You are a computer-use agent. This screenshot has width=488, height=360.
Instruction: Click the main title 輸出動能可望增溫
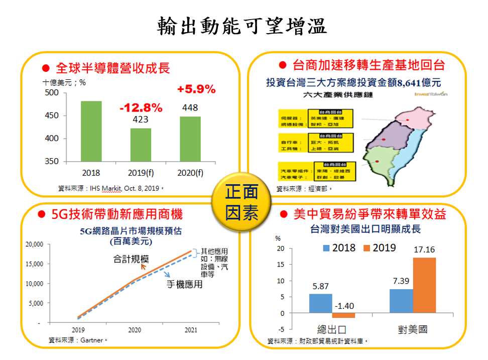tap(242, 25)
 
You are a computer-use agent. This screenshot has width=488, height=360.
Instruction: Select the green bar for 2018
tap(91, 131)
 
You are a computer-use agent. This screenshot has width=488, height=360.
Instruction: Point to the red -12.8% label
tap(141, 108)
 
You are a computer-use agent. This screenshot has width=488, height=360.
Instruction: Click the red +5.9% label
tap(196, 90)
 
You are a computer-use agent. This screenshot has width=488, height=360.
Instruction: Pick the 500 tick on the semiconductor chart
tap(52, 93)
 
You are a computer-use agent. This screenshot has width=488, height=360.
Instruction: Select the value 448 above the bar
tap(190, 107)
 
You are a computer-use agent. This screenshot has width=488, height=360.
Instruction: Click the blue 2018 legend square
tap(326, 248)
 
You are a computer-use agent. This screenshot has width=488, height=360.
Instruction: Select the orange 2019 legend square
tap(367, 248)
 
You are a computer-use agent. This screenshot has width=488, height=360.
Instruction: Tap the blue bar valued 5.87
tap(320, 303)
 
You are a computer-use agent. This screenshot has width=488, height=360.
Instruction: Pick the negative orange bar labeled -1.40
tap(343, 315)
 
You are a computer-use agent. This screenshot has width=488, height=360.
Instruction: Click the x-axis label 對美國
tap(412, 330)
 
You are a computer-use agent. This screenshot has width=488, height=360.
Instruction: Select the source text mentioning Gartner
tap(78, 340)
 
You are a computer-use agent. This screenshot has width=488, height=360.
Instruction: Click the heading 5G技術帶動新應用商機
tap(117, 215)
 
